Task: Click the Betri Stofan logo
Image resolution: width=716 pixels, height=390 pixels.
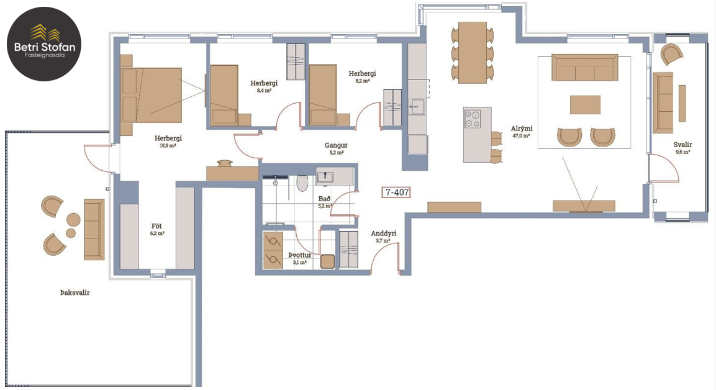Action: point(44,44)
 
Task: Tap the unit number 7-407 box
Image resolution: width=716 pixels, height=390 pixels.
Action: point(396,193)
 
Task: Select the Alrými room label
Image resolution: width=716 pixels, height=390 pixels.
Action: point(522,129)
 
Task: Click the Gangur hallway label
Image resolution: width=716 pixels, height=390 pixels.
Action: point(336,146)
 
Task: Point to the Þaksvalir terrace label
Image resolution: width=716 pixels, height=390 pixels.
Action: point(75,292)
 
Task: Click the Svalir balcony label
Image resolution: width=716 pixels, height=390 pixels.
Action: point(682,145)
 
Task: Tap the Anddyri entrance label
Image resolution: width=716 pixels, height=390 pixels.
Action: point(384,234)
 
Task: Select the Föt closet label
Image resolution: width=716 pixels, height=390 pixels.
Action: point(156,226)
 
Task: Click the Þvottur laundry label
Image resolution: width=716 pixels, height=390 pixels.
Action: point(300,255)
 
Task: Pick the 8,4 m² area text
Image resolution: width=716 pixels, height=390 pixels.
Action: point(265,91)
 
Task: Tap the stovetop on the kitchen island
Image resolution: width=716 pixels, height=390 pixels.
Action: point(473,119)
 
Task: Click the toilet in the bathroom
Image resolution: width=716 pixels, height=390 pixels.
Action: point(302,183)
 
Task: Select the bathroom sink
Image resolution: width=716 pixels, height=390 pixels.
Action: point(325,177)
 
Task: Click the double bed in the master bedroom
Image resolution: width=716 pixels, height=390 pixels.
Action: point(151,95)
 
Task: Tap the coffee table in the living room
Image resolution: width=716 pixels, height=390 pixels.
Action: point(585,104)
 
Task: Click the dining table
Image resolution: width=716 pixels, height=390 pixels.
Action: point(473,53)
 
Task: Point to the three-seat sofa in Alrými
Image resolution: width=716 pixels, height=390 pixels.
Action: point(584,67)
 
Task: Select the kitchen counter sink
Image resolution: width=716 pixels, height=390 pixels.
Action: point(415,106)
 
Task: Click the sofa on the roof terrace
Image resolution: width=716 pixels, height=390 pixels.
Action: point(94,229)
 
